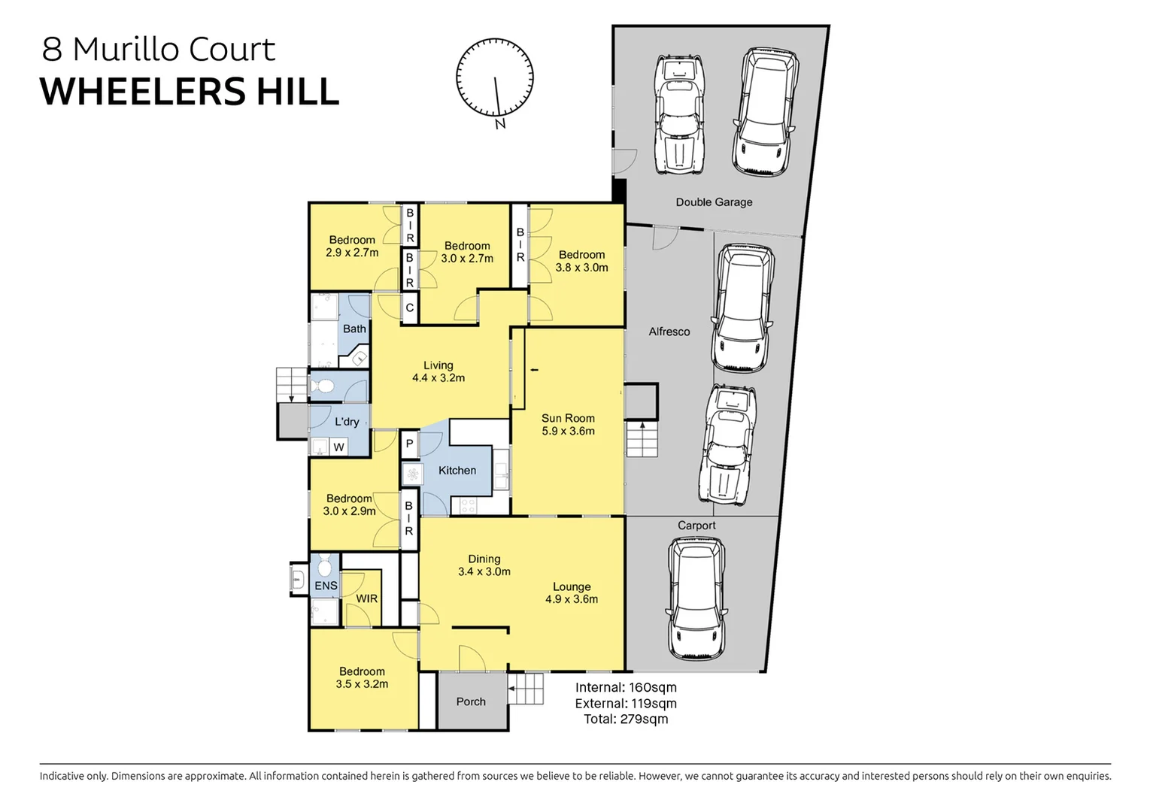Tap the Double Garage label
click(714, 202)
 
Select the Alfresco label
click(669, 332)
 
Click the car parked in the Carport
click(696, 598)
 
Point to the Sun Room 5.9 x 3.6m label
click(568, 425)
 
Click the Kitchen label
click(457, 471)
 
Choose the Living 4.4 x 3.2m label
click(438, 372)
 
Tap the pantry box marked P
click(409, 444)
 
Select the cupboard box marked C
click(409, 308)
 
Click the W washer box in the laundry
click(338, 447)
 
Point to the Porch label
click(471, 701)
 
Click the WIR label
click(367, 599)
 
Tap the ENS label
click(326, 586)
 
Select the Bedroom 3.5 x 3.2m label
click(362, 678)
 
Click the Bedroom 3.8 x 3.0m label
click(581, 262)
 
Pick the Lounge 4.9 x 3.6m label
click(572, 593)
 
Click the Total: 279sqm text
click(626, 720)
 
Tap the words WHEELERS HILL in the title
click(190, 92)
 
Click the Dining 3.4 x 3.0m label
click(484, 565)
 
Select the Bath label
click(354, 329)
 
